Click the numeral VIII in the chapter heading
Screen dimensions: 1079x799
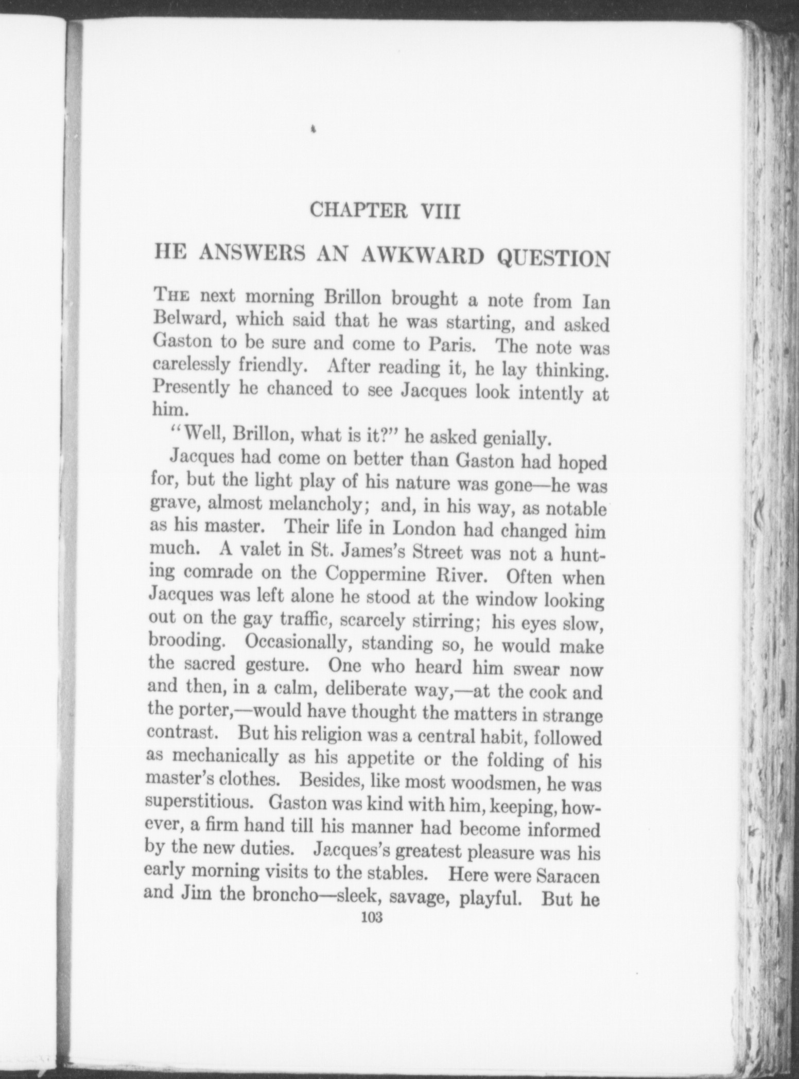(440, 212)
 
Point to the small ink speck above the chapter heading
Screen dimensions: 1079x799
(312, 130)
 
